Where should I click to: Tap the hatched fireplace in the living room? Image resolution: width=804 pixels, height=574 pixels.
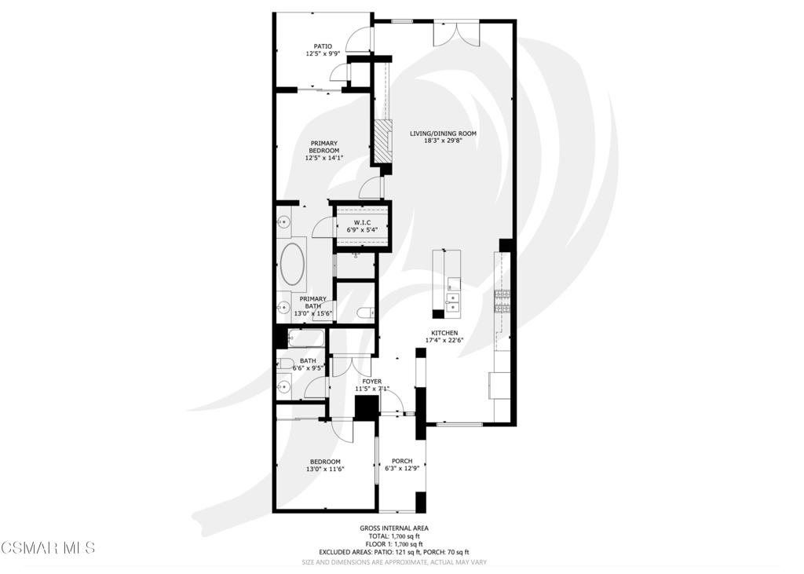[x=382, y=141]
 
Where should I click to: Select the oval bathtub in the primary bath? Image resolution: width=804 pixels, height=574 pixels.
[x=294, y=265]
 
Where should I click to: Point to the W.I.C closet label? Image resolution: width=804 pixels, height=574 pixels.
[x=361, y=223]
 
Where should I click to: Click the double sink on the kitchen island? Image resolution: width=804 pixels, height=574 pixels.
[x=453, y=302]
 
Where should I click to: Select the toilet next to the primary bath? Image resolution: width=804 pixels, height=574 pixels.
[x=365, y=313]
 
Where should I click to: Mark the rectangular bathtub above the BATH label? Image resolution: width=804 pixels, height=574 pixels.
[x=304, y=338]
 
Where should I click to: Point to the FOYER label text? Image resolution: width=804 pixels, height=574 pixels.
[x=372, y=382]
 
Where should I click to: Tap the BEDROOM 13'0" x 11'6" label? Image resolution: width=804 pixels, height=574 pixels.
[x=325, y=465]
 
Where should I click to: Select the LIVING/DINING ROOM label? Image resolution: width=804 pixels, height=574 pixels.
[x=443, y=137]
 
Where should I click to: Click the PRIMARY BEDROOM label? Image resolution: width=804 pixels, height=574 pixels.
[x=323, y=151]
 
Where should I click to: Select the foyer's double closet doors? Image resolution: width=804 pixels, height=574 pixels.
[x=351, y=366]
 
